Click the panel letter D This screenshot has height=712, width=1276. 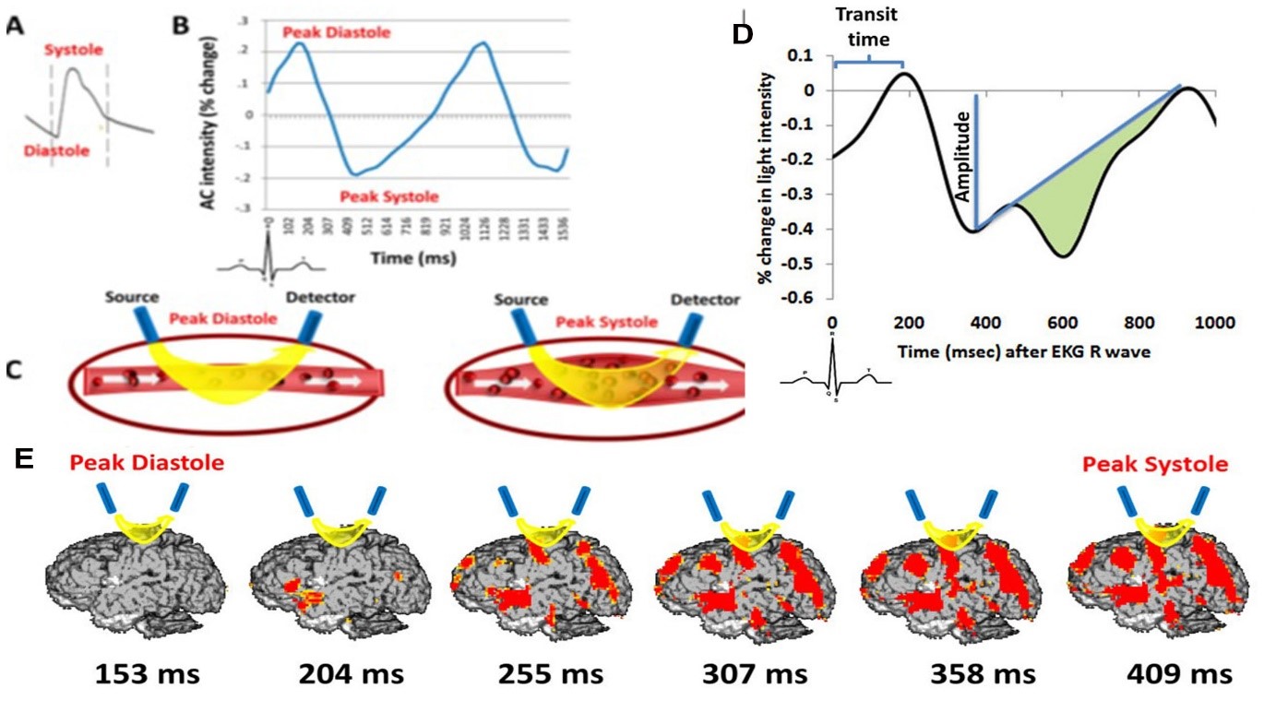743,35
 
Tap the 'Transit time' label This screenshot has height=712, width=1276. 866,27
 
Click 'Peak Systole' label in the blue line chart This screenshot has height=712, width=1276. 388,196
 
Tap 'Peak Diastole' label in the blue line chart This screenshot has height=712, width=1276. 337,33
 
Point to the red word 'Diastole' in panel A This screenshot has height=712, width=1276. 57,150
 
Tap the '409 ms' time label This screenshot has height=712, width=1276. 1178,674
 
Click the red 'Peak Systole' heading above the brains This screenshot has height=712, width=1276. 1155,464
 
